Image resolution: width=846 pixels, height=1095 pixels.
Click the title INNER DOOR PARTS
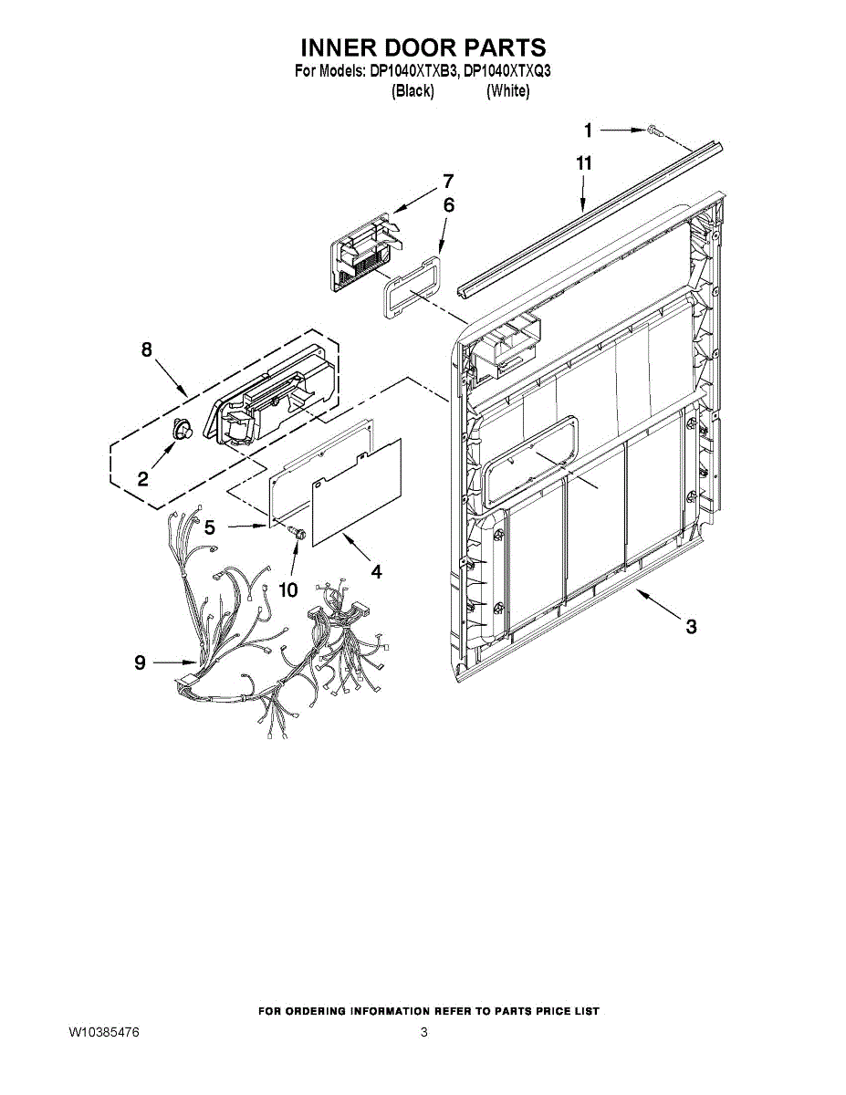[423, 47]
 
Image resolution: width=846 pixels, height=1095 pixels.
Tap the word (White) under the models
[507, 91]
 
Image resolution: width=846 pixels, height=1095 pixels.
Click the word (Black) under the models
[413, 91]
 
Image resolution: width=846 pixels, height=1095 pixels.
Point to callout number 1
[589, 130]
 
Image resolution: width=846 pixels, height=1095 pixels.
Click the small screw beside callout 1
[654, 131]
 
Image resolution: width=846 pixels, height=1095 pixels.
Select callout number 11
[584, 163]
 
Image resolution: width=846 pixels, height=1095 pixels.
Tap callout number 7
[448, 181]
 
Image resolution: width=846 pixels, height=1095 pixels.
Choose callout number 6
[448, 206]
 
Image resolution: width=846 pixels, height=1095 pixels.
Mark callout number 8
[146, 349]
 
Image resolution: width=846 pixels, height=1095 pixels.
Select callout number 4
[376, 572]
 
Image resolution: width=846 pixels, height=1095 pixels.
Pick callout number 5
[210, 527]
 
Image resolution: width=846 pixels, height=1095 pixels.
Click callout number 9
[140, 663]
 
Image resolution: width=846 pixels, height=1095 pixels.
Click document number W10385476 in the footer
[104, 1033]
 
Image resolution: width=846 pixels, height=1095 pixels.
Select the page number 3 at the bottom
[424, 1033]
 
